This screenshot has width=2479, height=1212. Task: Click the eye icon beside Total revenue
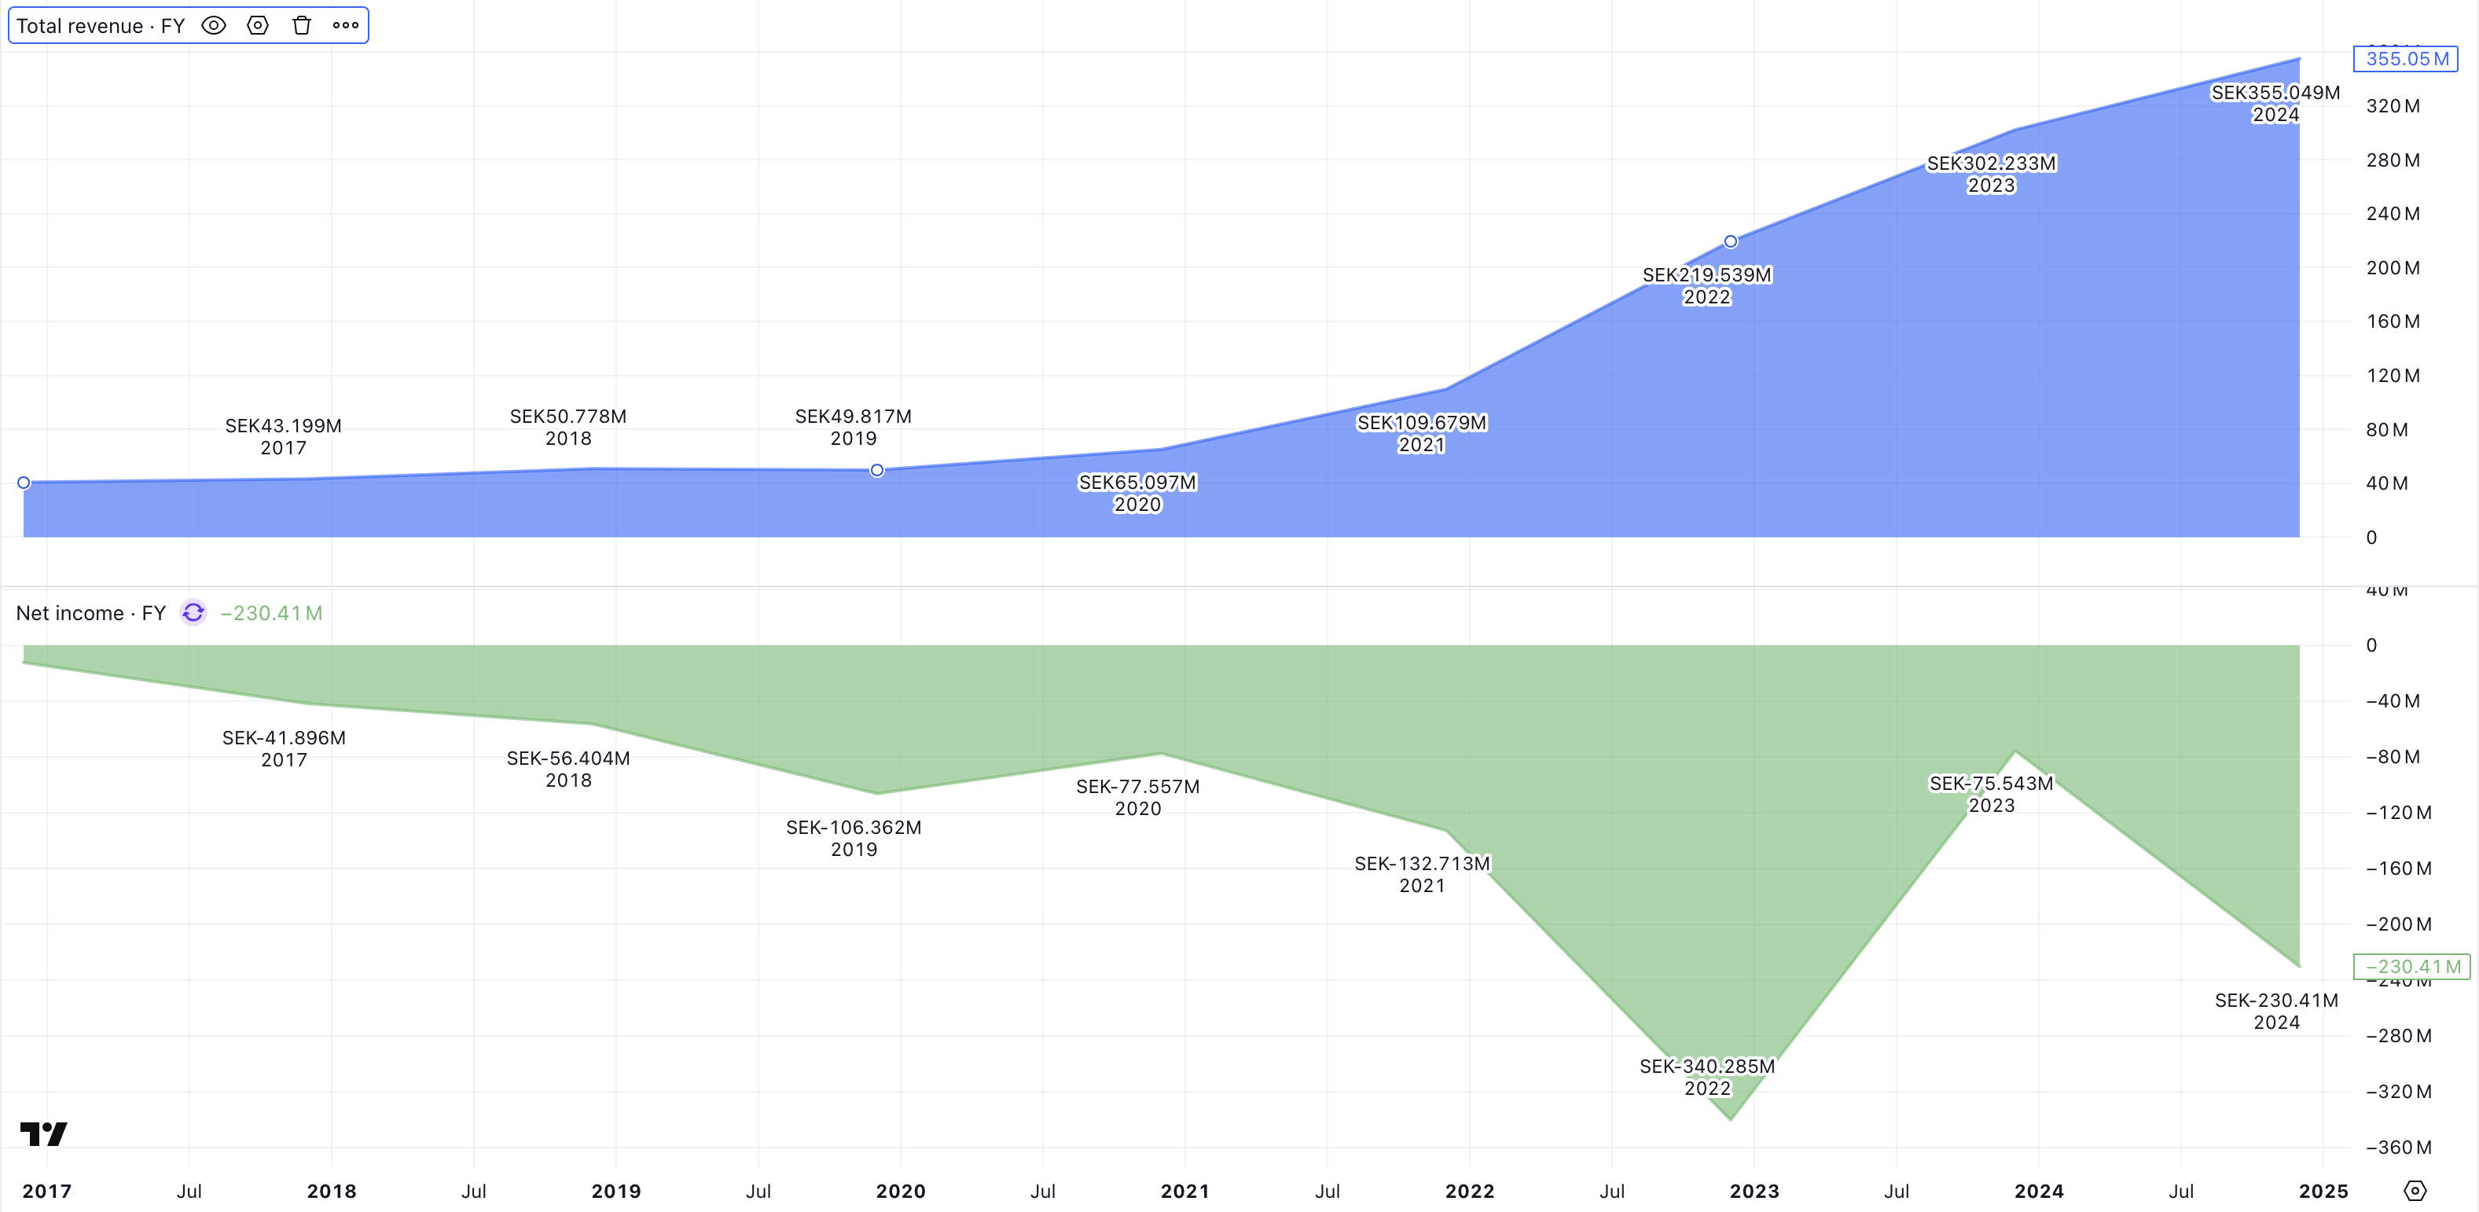[214, 26]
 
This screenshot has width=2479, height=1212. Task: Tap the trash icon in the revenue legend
[302, 26]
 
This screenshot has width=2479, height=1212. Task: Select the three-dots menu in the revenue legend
[346, 26]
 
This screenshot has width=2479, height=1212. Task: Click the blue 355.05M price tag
[2405, 59]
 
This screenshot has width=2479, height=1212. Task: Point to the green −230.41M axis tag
[2411, 967]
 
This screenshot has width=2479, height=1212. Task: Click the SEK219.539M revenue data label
[1706, 275]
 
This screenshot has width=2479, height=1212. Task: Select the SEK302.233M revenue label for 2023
[1991, 163]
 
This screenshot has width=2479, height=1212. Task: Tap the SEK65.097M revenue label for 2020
[1137, 483]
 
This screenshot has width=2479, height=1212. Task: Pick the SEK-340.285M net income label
[1706, 1067]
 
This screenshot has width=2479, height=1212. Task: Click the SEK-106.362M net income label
[854, 828]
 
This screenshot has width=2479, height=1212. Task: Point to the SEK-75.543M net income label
[1991, 784]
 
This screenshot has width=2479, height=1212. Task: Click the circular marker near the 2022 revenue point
[1730, 241]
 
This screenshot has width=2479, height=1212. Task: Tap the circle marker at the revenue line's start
[24, 483]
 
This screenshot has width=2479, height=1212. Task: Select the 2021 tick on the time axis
[1184, 1192]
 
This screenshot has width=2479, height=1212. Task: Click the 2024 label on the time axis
[2038, 1192]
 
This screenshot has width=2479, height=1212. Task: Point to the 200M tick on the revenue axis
[2393, 267]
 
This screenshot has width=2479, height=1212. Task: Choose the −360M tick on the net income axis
[2398, 1148]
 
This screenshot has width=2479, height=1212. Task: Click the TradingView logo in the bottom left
[43, 1134]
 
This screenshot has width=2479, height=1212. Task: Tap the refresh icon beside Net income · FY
[193, 613]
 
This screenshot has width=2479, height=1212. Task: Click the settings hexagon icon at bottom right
[2415, 1191]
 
